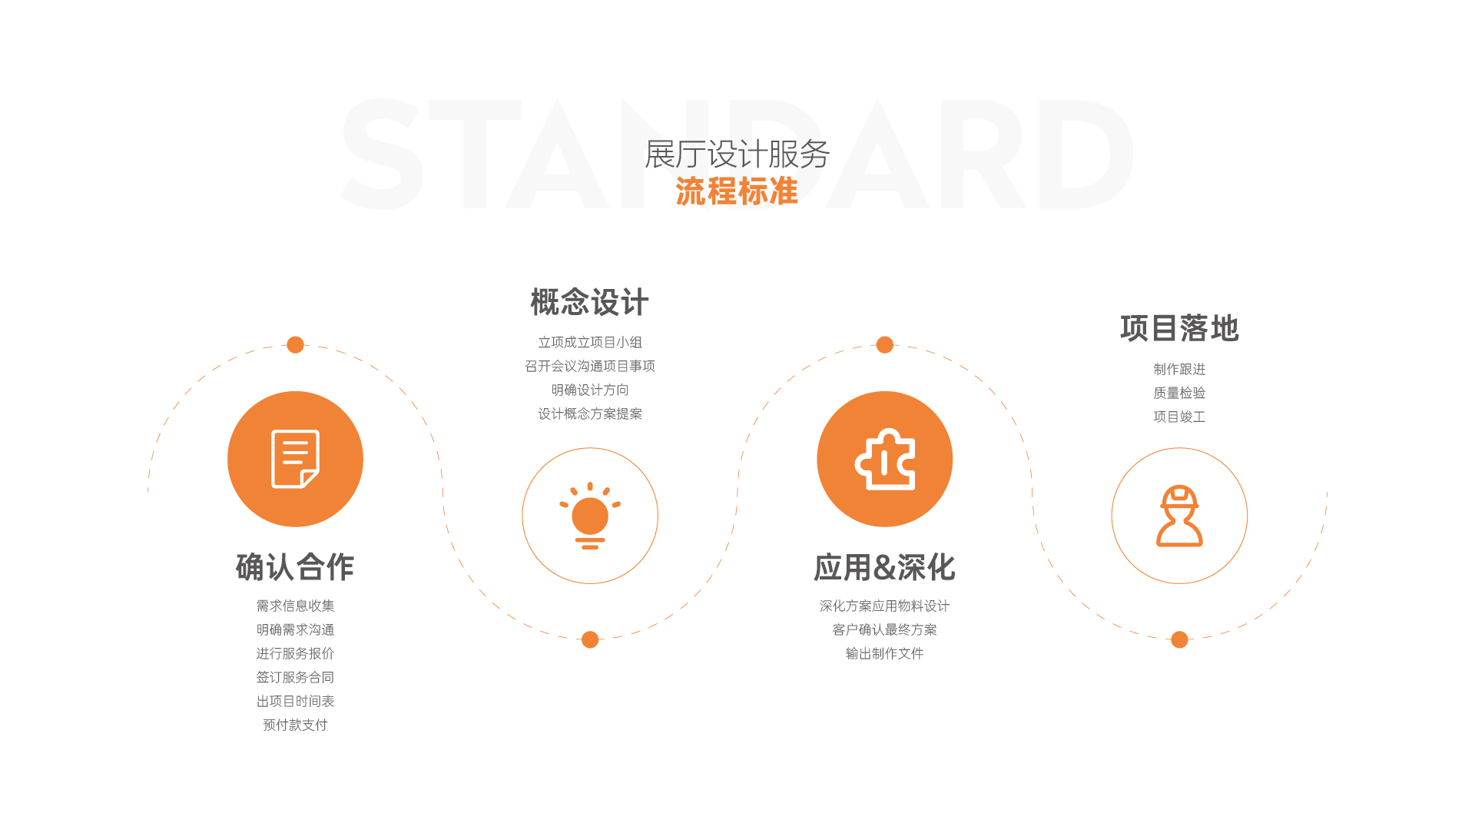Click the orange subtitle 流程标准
pos(737,191)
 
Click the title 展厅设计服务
pos(737,154)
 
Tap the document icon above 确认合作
pos(296,459)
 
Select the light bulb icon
pos(590,516)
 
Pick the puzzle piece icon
pos(885,459)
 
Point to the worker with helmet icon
pos(1179,516)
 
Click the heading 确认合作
pos(295,567)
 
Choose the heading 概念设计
pos(590,302)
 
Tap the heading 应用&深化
pos(884,567)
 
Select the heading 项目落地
pos(1179,328)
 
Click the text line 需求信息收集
pos(295,606)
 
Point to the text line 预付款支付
pos(295,725)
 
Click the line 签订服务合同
pos(295,677)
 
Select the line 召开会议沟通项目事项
pos(590,366)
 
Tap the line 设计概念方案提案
pos(590,413)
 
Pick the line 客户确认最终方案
pos(885,629)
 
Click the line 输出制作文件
pos(885,653)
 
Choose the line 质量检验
pos(1179,393)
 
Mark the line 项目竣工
pos(1179,417)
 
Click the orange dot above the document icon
pos(295,344)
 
